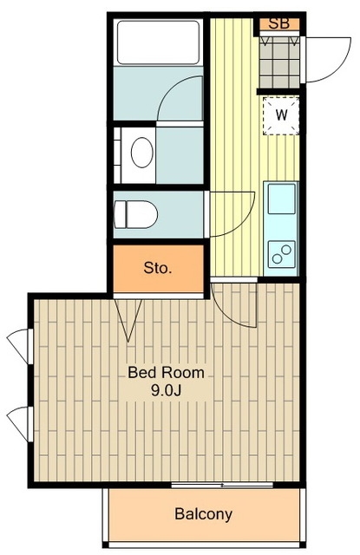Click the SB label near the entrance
pyautogui.click(x=279, y=23)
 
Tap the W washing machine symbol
pyautogui.click(x=281, y=114)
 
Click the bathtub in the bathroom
pyautogui.click(x=158, y=42)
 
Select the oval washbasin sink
pyautogui.click(x=142, y=153)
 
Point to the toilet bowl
pyautogui.click(x=135, y=214)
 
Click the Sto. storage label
pyautogui.click(x=158, y=268)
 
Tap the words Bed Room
pyautogui.click(x=166, y=373)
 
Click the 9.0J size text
pyautogui.click(x=166, y=390)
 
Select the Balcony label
pyautogui.click(x=204, y=513)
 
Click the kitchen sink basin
pyautogui.click(x=281, y=199)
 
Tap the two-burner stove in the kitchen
pyautogui.click(x=281, y=254)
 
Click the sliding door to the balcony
pyautogui.click(x=222, y=485)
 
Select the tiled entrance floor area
pyautogui.click(x=279, y=62)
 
